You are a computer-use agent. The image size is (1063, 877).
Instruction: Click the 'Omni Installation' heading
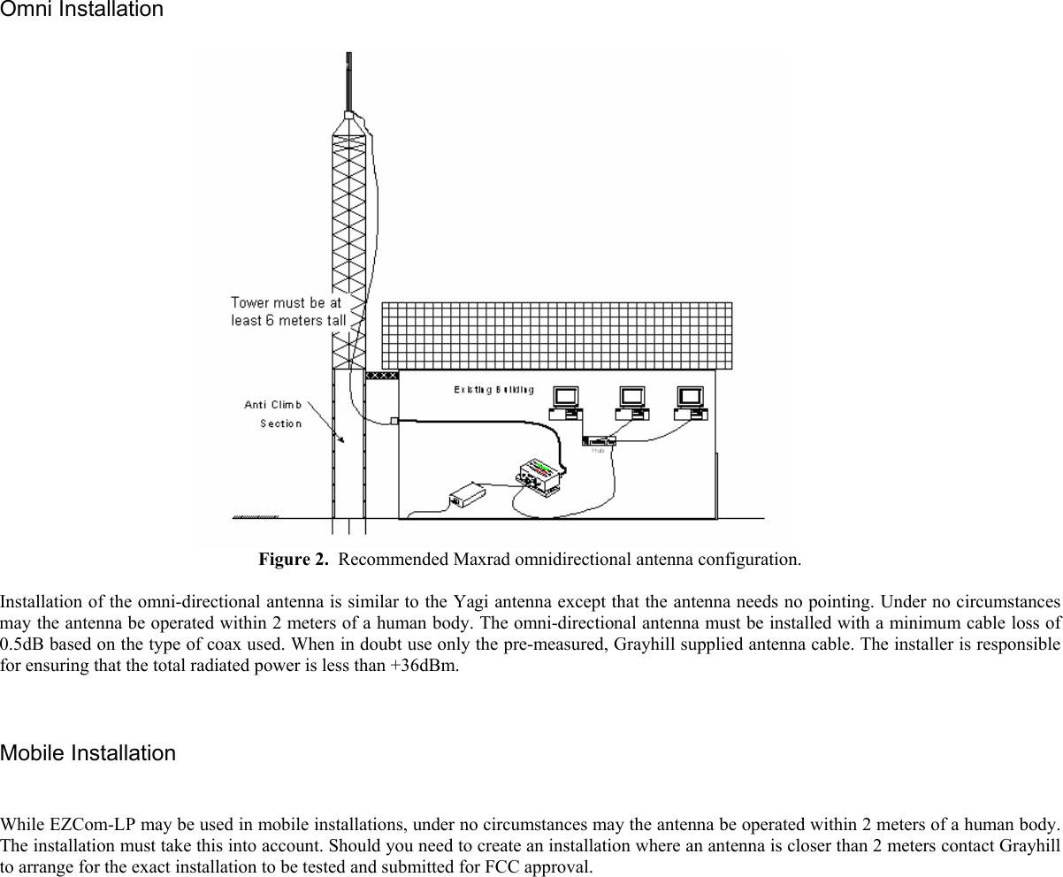coord(81,11)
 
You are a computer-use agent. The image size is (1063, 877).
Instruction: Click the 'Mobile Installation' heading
coord(88,753)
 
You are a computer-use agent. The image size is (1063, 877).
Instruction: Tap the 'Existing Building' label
coord(493,390)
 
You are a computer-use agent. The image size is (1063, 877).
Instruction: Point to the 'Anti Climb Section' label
coord(273,414)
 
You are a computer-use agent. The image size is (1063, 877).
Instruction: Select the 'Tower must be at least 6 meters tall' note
coord(287,311)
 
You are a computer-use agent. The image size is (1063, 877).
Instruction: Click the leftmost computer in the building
coord(564,402)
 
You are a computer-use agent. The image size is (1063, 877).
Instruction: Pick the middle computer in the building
coord(631,402)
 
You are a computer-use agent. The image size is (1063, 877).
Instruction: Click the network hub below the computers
coord(599,440)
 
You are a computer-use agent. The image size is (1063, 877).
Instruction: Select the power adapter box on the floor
coord(468,492)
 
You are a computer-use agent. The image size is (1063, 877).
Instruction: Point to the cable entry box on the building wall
coord(394,421)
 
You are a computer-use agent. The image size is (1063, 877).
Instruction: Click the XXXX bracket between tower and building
coord(381,376)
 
